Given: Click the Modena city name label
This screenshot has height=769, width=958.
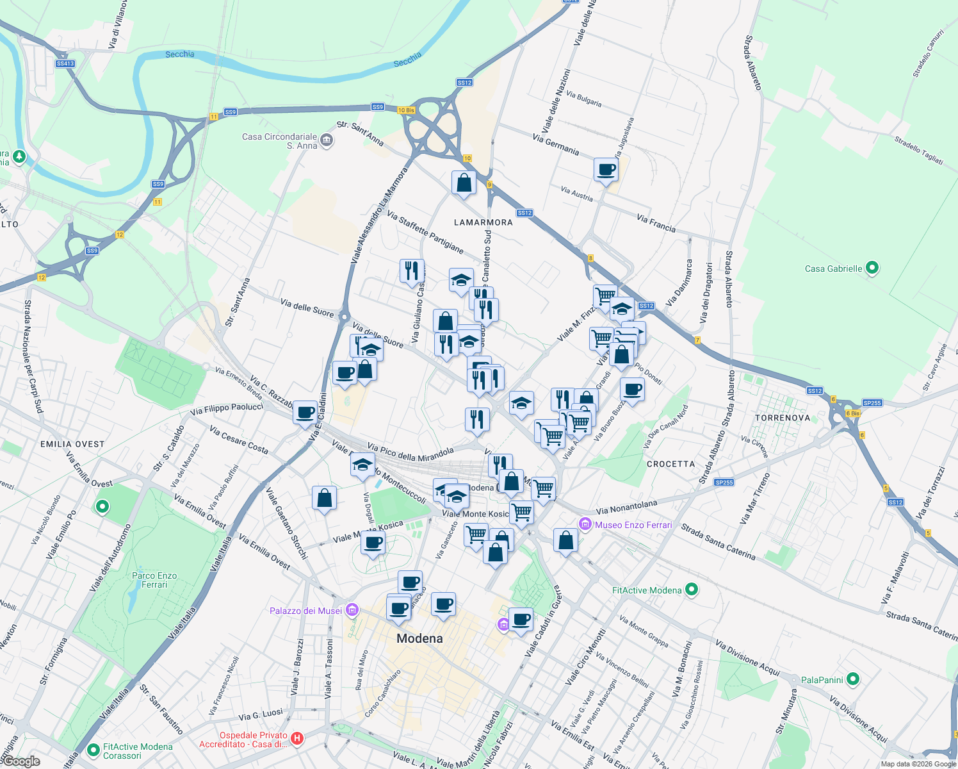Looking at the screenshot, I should pos(419,638).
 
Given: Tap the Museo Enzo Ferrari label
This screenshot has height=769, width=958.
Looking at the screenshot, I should pos(633,525).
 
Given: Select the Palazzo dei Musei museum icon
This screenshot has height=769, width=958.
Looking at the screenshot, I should pos(351,610).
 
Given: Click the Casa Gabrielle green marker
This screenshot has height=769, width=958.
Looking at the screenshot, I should pos(872,269).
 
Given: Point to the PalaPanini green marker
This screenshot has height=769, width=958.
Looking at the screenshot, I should pos(852,679).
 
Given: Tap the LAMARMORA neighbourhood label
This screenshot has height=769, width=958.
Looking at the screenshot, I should pos(483,222).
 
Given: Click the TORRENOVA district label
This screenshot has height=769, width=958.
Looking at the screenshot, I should pos(783,418).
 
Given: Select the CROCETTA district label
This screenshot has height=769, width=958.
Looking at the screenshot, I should pos(670,464).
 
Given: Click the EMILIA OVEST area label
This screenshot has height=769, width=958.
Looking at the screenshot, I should pos(72,444).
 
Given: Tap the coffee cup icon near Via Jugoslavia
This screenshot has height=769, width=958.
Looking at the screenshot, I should pos(606,170).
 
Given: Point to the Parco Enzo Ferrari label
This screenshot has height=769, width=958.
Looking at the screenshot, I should pos(154,580).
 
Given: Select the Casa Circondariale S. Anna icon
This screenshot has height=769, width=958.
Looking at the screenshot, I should pos(327,140).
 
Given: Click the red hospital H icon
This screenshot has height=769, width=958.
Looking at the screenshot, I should pos(297,739).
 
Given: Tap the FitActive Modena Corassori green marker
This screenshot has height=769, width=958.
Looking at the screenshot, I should pos(93,748).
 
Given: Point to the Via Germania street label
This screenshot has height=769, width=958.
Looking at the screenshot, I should pos(556,145).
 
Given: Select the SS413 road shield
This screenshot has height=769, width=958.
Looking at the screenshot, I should pos(65,63).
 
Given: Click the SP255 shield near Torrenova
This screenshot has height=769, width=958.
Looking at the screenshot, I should pos(872,403).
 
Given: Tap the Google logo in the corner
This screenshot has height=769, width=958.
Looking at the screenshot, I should pos(21,761).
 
